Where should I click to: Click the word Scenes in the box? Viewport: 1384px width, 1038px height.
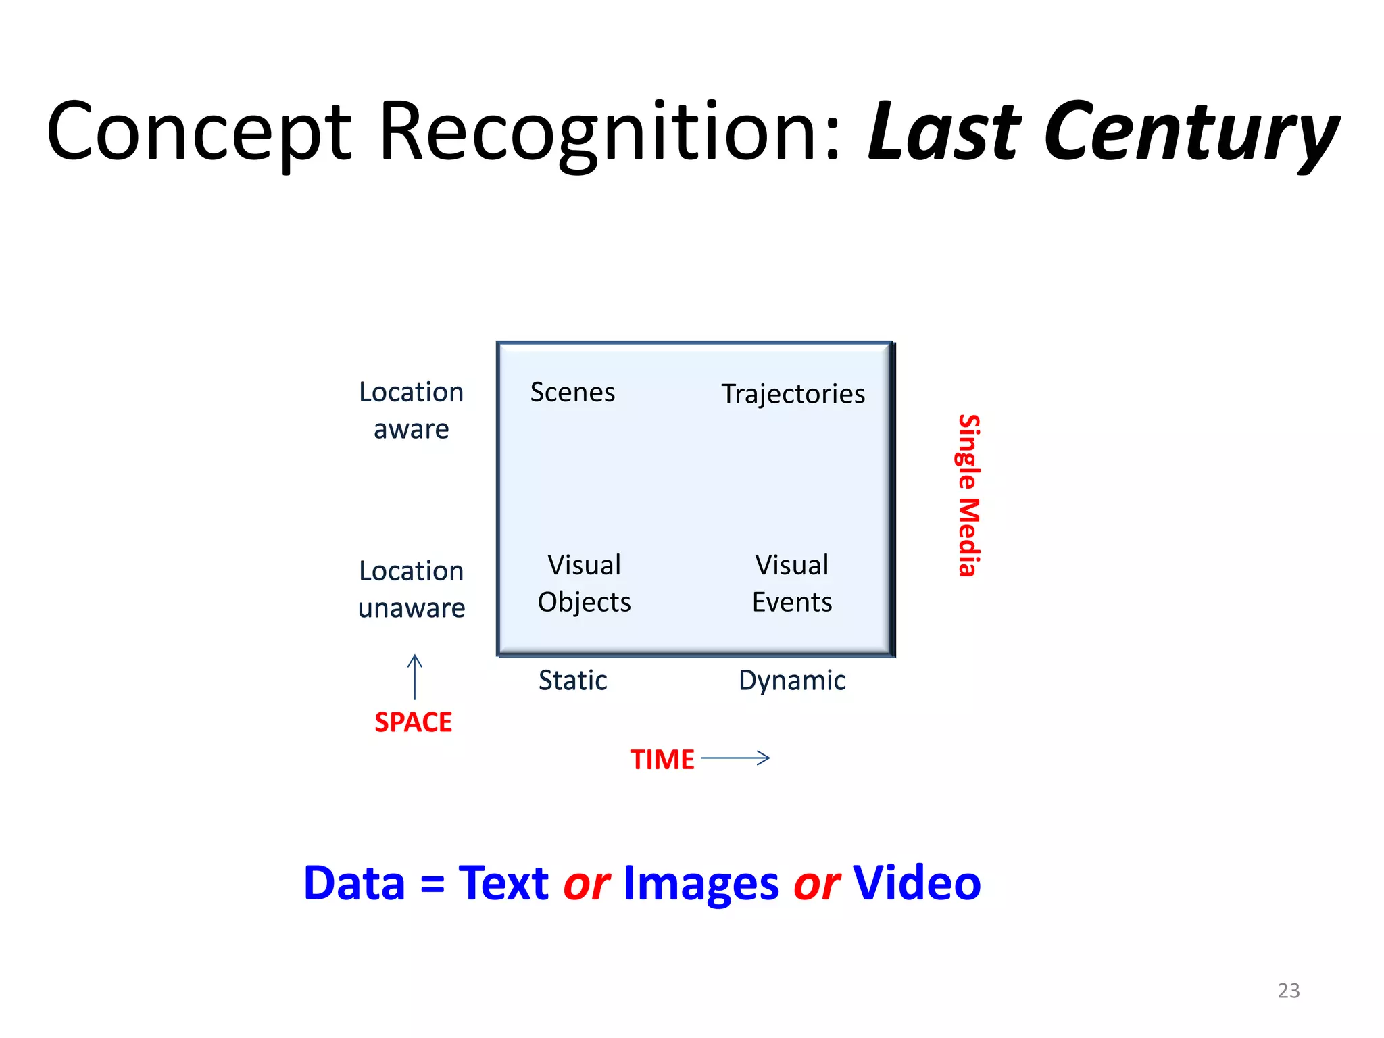pyautogui.click(x=572, y=392)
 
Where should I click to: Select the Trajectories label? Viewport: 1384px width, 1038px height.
pyautogui.click(x=793, y=394)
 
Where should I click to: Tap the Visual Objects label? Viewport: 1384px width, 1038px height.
pyautogui.click(x=585, y=583)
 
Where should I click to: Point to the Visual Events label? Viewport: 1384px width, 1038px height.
pyautogui.click(x=792, y=583)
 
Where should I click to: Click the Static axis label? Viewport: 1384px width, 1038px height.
pyautogui.click(x=572, y=681)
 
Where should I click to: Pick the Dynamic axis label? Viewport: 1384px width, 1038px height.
pyautogui.click(x=792, y=681)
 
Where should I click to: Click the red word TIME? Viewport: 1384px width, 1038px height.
pyautogui.click(x=662, y=760)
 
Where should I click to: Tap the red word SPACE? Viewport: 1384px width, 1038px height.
pyautogui.click(x=413, y=722)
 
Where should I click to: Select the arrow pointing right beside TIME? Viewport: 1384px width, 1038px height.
pyautogui.click(x=736, y=758)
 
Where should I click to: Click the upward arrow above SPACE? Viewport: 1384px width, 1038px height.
pyautogui.click(x=415, y=676)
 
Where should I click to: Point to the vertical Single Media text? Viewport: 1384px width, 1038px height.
pyautogui.click(x=968, y=495)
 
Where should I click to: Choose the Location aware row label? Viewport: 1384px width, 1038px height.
pyautogui.click(x=411, y=410)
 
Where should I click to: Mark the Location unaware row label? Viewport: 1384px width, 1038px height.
pyautogui.click(x=412, y=589)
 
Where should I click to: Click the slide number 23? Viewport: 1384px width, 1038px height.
pyautogui.click(x=1288, y=991)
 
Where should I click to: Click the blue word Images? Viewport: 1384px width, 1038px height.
pyautogui.click(x=701, y=884)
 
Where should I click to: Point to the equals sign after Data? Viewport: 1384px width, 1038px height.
pyautogui.click(x=432, y=884)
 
